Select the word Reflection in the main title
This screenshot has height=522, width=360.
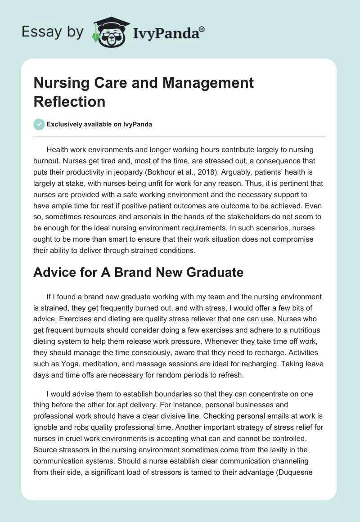pyautogui.click(x=69, y=101)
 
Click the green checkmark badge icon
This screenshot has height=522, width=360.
pyautogui.click(x=39, y=124)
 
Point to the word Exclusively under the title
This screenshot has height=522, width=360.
pyautogui.click(x=67, y=125)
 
